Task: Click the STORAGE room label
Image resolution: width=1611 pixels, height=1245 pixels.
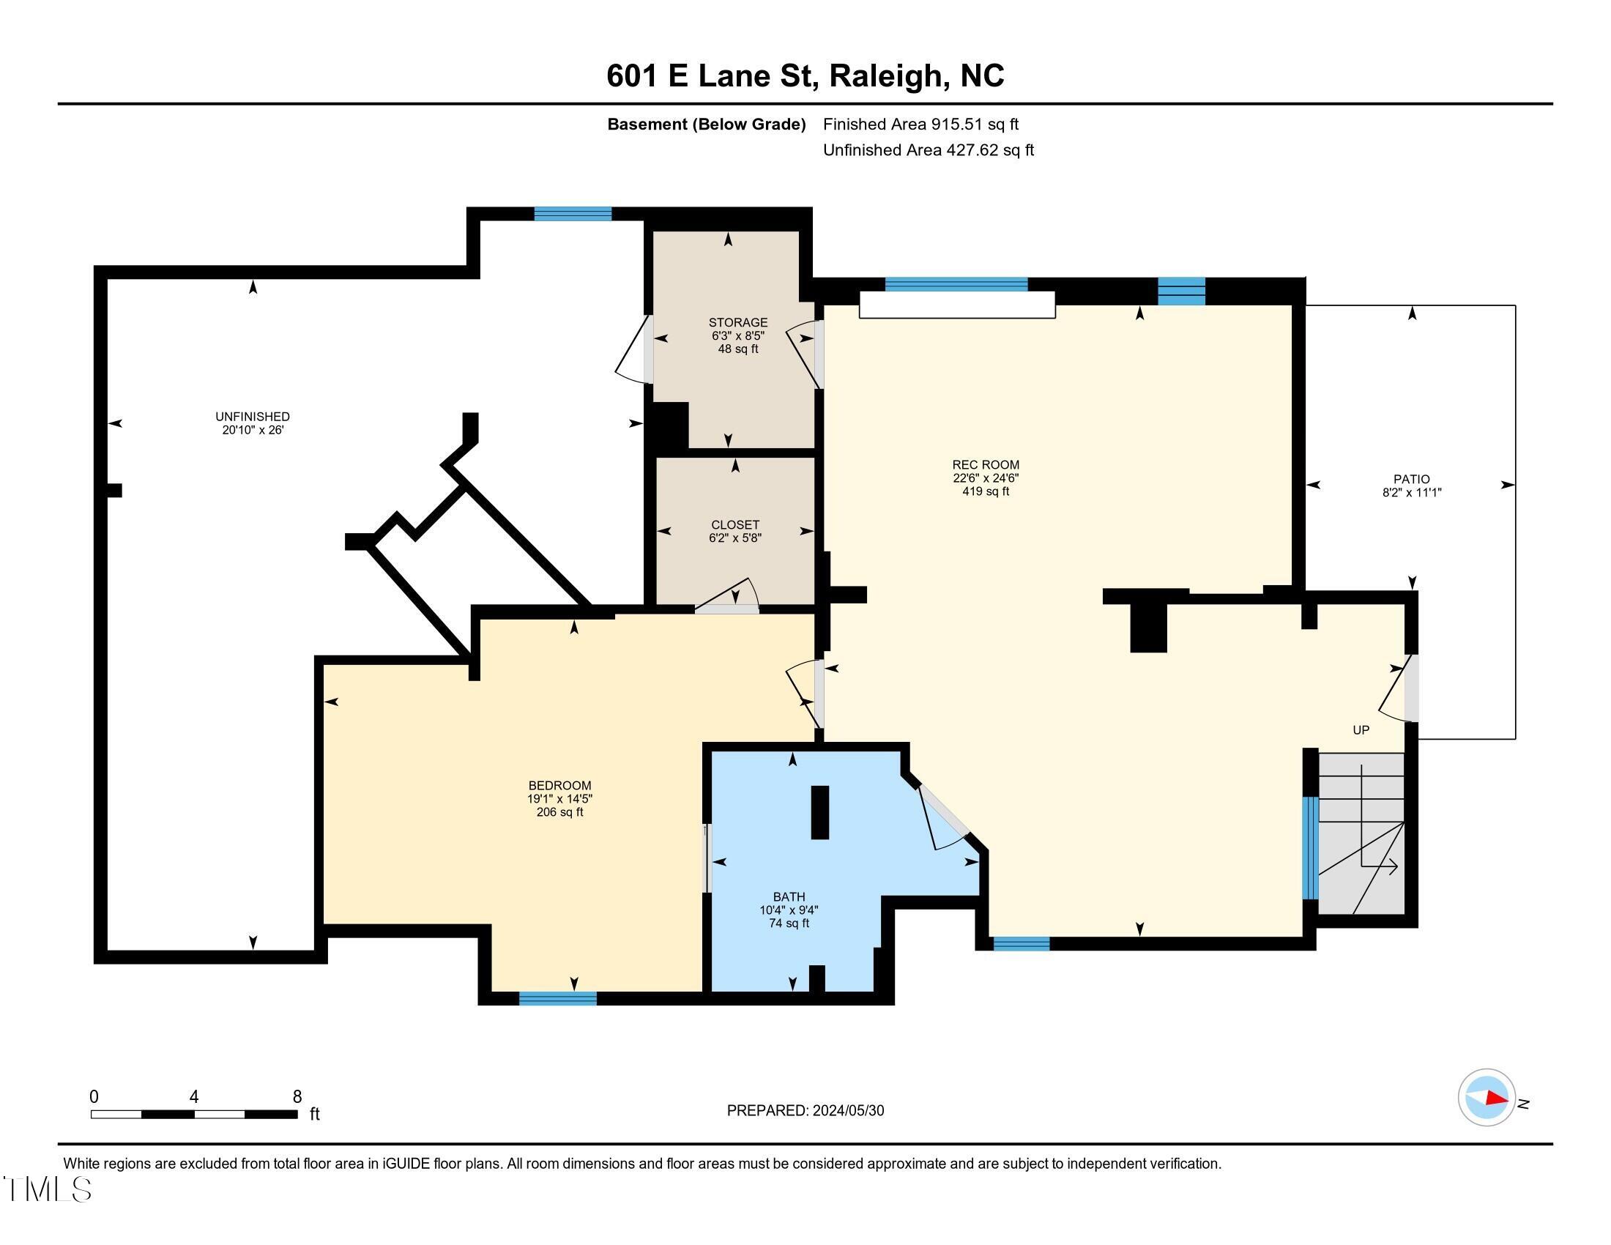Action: (737, 322)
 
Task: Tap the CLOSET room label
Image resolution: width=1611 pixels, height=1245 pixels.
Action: (734, 525)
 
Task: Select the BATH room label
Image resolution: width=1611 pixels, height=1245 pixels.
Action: (789, 897)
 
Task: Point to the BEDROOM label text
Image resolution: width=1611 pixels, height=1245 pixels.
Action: (560, 786)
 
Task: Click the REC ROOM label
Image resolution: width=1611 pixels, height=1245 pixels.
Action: (986, 464)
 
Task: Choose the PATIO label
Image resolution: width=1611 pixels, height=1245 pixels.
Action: (1412, 479)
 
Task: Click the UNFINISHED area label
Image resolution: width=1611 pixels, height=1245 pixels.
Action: (253, 417)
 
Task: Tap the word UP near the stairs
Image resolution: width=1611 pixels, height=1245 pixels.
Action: (1361, 730)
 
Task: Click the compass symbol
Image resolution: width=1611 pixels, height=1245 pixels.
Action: (1487, 1097)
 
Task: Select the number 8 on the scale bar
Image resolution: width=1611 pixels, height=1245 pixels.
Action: (297, 1097)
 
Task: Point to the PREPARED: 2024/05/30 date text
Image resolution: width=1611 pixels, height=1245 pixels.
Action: (805, 1111)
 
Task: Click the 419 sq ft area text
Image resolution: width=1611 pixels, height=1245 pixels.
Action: (986, 491)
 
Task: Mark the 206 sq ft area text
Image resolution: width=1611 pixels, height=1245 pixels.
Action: (560, 812)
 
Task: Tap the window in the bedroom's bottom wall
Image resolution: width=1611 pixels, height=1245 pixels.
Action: (558, 999)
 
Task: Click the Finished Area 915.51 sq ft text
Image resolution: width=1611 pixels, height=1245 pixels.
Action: (920, 124)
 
